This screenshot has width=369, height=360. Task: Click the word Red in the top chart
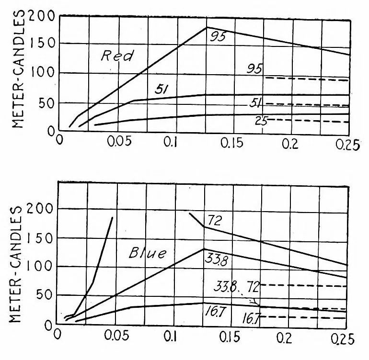tap(117, 56)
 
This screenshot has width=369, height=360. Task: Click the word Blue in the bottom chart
tap(148, 253)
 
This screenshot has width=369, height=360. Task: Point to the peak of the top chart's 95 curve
tap(207, 27)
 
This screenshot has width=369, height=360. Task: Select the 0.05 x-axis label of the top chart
tap(119, 142)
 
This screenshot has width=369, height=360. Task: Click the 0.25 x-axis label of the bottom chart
tap(343, 339)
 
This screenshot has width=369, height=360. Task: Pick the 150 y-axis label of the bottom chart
tap(39, 238)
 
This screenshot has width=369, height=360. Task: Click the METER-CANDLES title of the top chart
tap(18, 68)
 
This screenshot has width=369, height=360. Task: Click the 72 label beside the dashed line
tap(253, 287)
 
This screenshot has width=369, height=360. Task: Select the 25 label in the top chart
tap(261, 121)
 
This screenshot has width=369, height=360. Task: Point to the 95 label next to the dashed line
tap(254, 69)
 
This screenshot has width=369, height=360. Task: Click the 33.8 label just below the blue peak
tap(216, 260)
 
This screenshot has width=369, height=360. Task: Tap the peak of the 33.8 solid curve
tap(204, 249)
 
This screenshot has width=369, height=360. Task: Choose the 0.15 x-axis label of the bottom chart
tap(230, 337)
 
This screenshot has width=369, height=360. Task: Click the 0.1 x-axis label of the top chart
tap(170, 142)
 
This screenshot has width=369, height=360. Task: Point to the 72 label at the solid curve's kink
tap(215, 220)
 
